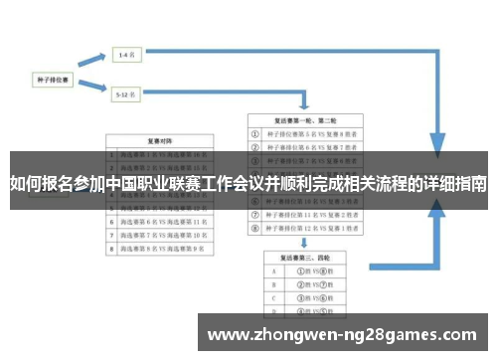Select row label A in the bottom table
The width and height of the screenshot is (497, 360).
click(271, 270)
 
